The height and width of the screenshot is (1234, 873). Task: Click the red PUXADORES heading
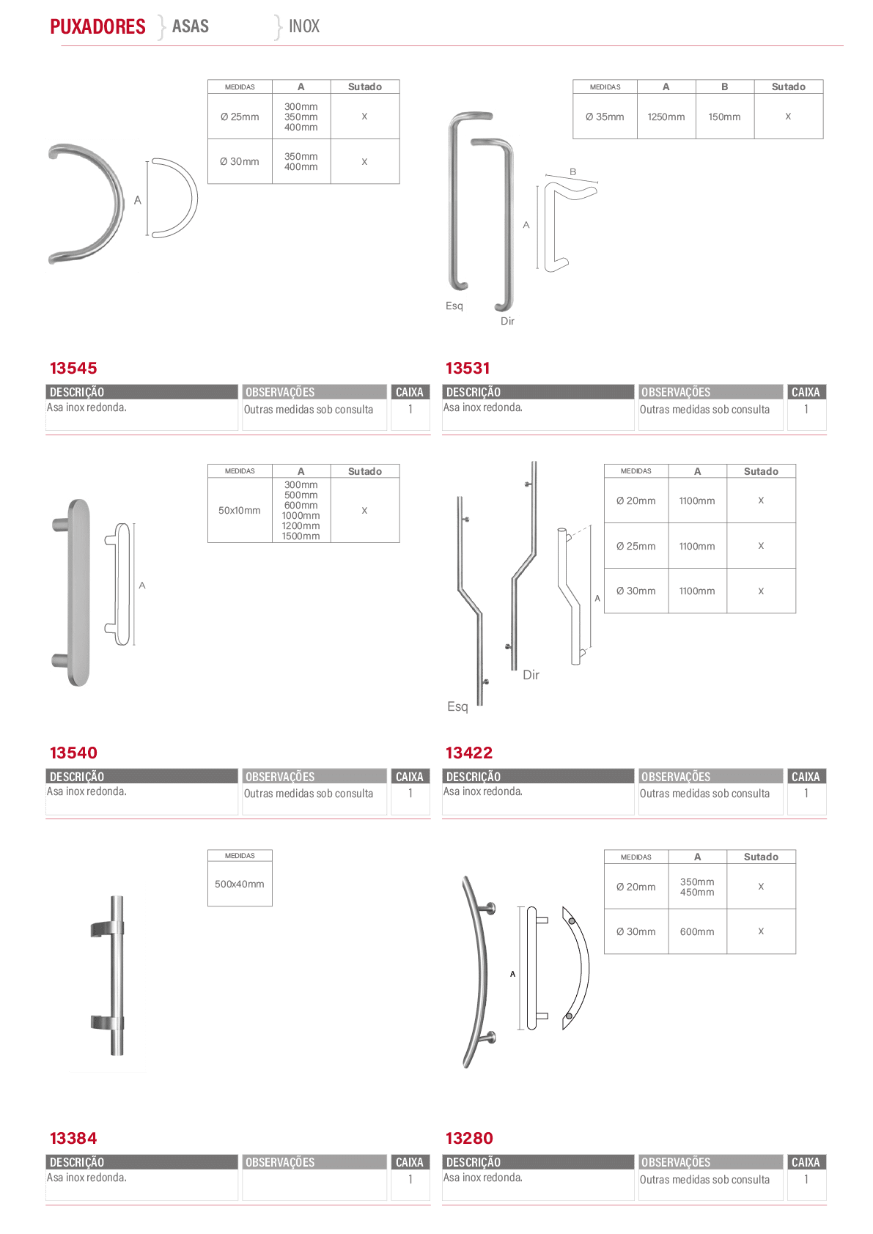pos(97,26)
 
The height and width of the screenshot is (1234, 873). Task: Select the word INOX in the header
pos(303,26)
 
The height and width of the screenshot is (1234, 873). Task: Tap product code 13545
pos(73,368)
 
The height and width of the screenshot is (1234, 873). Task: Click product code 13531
pos(468,368)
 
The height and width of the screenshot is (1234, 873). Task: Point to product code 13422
pos(468,753)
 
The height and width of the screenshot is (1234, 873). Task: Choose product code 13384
pos(73,1138)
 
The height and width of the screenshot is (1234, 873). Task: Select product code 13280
pos(469,1138)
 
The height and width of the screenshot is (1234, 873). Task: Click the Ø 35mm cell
pos(605,117)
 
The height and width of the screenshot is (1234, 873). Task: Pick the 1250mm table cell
pos(666,117)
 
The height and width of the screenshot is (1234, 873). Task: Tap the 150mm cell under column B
pos(724,117)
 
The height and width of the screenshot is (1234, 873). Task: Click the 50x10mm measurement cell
pos(239,511)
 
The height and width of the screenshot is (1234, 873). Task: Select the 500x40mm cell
pos(239,884)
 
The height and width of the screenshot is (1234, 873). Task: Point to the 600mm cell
pos(696,931)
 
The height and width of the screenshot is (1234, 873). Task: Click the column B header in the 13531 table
pos(724,86)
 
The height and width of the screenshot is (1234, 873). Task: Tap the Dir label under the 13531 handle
pos(507,321)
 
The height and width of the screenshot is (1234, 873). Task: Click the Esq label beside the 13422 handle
pos(457,707)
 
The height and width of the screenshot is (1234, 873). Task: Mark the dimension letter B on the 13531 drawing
pos(572,172)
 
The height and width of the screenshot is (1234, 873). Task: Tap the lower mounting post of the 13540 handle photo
pos(60,660)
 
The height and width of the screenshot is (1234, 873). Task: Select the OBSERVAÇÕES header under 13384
pos(279,1162)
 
